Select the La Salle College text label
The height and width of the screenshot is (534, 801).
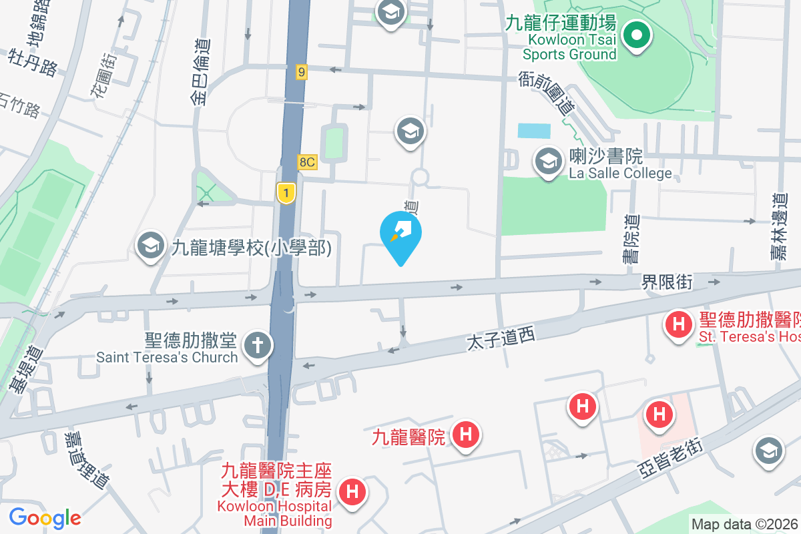click(x=620, y=173)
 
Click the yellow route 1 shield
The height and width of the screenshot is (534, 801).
click(x=286, y=194)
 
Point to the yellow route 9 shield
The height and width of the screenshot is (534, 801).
click(x=302, y=71)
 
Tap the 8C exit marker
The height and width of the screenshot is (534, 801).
click(x=307, y=162)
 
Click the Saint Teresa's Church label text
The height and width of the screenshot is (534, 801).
click(x=167, y=356)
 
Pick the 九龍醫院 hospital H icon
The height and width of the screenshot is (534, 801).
click(x=466, y=435)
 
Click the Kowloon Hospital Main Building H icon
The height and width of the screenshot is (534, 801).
click(x=352, y=493)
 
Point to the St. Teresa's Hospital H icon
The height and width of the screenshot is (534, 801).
click(x=679, y=325)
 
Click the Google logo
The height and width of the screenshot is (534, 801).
click(x=45, y=517)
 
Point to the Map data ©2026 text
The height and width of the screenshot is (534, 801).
click(x=744, y=525)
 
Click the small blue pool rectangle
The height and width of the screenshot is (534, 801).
click(x=534, y=131)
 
